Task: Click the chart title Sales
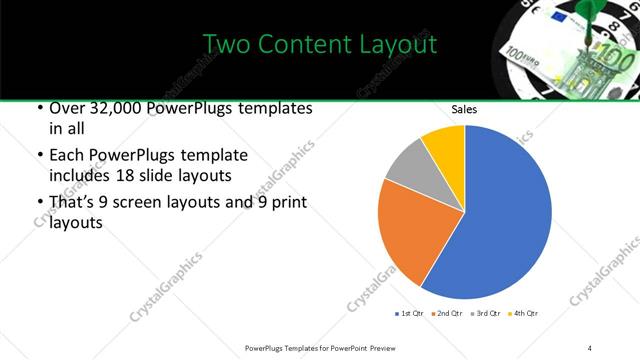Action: click(x=464, y=110)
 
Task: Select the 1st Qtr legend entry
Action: click(x=409, y=314)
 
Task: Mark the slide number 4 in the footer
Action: click(x=590, y=347)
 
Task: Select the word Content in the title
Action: click(x=306, y=45)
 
